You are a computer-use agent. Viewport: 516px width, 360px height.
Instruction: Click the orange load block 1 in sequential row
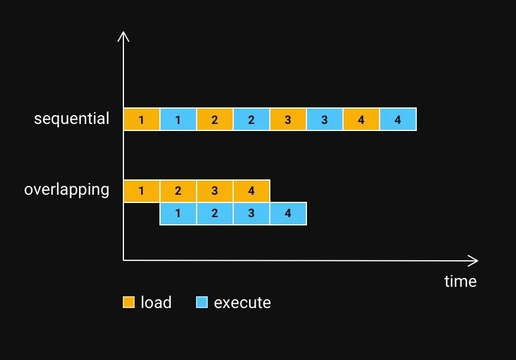(142, 119)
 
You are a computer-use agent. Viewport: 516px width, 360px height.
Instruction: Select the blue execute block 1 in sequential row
(178, 119)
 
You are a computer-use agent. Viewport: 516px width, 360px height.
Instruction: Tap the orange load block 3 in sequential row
(288, 119)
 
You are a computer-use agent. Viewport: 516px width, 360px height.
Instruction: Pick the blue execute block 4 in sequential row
(398, 119)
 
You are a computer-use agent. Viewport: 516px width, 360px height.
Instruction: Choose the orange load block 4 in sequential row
(361, 119)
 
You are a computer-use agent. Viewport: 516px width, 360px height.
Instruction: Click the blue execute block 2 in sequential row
(252, 119)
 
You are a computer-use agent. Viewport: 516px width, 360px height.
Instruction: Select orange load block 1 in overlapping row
(142, 191)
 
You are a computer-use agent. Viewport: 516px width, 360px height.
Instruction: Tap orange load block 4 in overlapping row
(252, 191)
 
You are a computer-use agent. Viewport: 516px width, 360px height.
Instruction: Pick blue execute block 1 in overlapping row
(178, 214)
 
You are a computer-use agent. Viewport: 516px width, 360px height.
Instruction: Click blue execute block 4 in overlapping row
(288, 214)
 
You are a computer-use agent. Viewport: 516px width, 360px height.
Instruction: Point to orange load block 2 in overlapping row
(178, 191)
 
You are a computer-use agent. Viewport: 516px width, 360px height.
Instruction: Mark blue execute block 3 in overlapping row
(252, 214)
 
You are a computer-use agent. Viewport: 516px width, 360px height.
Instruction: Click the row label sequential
(71, 119)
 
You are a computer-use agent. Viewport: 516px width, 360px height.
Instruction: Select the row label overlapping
(67, 190)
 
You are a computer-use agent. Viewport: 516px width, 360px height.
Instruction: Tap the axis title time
(460, 282)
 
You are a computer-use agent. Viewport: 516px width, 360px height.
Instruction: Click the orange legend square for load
(129, 303)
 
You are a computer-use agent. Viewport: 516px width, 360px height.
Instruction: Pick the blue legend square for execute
(202, 303)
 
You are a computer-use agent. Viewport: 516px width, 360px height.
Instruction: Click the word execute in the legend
(242, 303)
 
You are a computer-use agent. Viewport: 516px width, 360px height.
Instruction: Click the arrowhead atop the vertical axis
(123, 37)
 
